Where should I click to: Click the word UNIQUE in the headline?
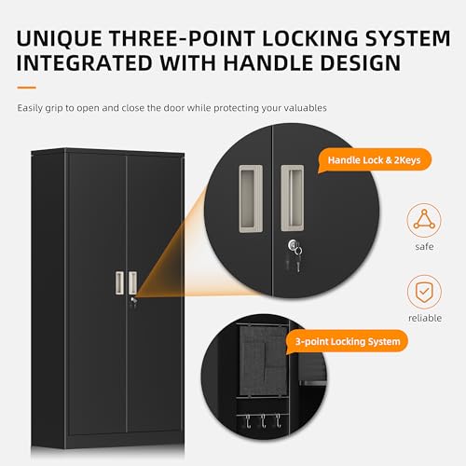[60, 38]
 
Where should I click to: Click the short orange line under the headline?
[27, 88]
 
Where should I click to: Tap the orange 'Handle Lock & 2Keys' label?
[374, 160]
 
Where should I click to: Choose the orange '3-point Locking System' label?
[348, 342]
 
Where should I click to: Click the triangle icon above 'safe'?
[424, 220]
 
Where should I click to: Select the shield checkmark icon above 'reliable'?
[424, 292]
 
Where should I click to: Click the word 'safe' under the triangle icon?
[424, 247]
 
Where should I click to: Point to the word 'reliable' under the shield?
[425, 318]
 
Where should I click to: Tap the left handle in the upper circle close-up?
[251, 199]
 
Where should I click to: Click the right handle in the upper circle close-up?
[293, 198]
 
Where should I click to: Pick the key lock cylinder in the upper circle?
[293, 244]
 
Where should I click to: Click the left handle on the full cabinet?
[119, 282]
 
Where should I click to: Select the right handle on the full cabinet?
[132, 282]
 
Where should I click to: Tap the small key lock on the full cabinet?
[133, 299]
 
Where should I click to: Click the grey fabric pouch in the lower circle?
[264, 361]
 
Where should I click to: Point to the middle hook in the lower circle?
[263, 420]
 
